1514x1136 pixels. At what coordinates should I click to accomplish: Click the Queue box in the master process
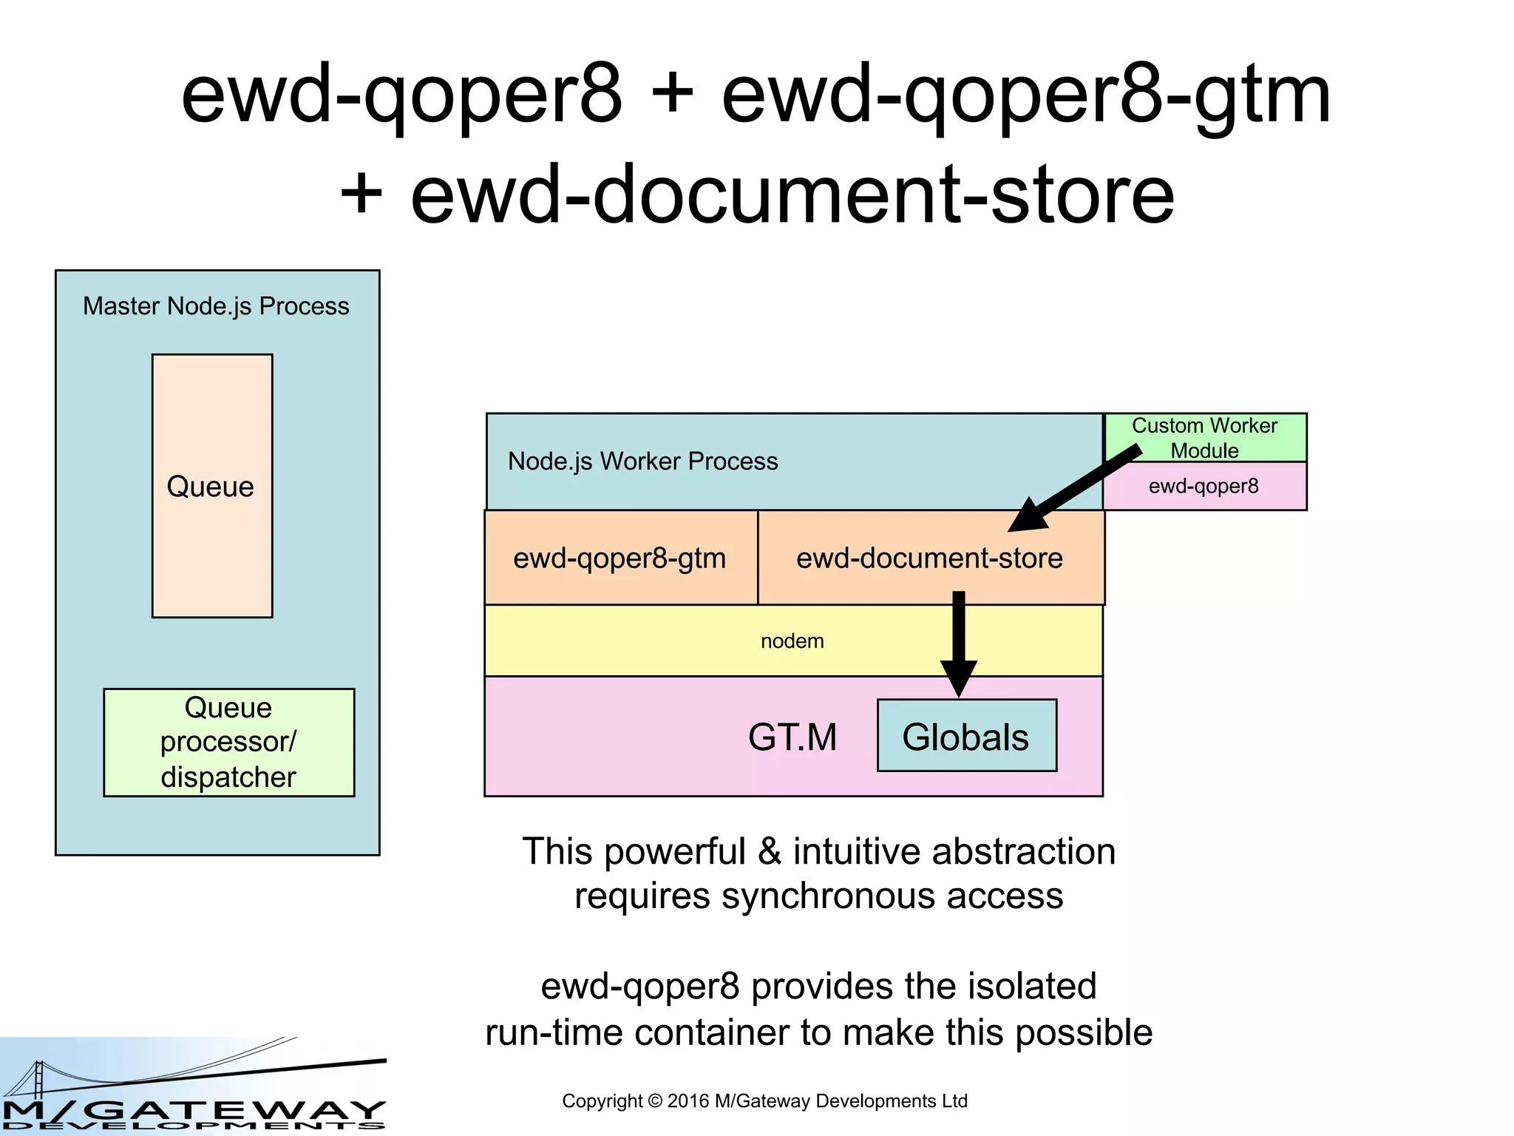(x=212, y=486)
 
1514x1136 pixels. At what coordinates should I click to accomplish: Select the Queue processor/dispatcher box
(x=228, y=742)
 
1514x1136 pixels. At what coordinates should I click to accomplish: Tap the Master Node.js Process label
(x=216, y=306)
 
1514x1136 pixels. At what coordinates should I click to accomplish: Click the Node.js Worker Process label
(x=642, y=461)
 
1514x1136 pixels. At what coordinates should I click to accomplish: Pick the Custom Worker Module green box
(x=1204, y=437)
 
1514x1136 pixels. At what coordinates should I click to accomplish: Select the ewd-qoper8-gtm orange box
(x=619, y=558)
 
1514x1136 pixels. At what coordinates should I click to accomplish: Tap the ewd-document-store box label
(x=929, y=558)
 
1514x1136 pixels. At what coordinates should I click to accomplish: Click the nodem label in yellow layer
(x=792, y=641)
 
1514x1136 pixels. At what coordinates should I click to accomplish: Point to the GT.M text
(x=792, y=737)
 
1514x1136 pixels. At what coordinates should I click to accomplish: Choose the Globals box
(x=965, y=737)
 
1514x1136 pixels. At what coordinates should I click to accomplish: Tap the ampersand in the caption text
(x=770, y=851)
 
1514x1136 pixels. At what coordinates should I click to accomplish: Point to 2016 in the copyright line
(x=687, y=1101)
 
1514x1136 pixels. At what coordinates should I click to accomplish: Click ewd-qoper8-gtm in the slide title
(x=1025, y=96)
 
